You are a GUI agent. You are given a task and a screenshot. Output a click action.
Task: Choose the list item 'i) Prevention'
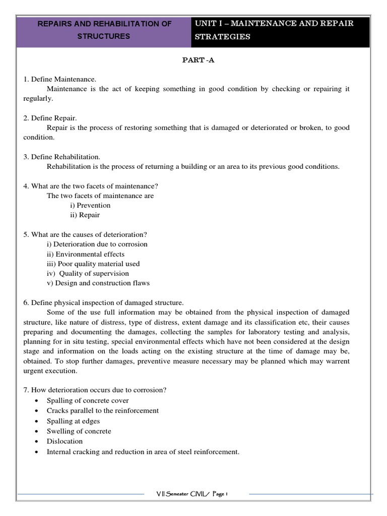(x=90, y=205)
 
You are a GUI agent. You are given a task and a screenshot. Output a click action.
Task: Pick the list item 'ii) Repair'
(x=85, y=215)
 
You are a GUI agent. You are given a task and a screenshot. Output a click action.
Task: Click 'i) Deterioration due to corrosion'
(x=97, y=244)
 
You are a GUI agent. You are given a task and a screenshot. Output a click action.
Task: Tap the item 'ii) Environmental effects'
(x=85, y=254)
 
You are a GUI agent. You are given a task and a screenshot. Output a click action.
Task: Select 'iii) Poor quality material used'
(x=93, y=264)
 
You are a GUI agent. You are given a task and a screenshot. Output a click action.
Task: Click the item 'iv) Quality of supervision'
(x=88, y=273)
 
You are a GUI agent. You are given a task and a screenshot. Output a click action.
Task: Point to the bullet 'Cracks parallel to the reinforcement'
(x=103, y=410)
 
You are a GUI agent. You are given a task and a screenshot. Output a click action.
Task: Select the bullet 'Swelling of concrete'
(x=79, y=431)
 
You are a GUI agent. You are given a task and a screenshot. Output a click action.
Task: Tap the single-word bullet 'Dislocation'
(x=64, y=441)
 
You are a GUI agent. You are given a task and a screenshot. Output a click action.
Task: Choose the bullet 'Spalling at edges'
(x=74, y=421)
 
